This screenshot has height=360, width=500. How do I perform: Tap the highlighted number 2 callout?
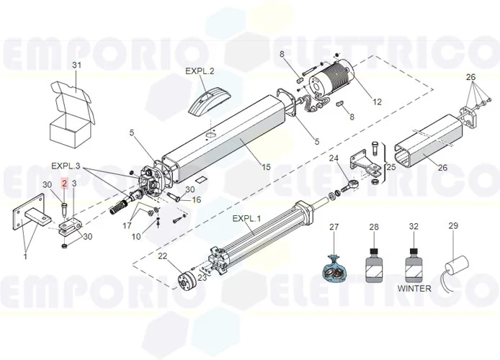[x=64, y=184]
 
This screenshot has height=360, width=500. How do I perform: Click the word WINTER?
[x=414, y=289]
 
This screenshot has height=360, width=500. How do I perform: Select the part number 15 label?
[x=266, y=167]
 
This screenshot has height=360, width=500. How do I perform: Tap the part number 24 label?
[x=334, y=158]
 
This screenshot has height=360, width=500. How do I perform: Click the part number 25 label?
[x=392, y=167]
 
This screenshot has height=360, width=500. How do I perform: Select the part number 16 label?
[x=196, y=199]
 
